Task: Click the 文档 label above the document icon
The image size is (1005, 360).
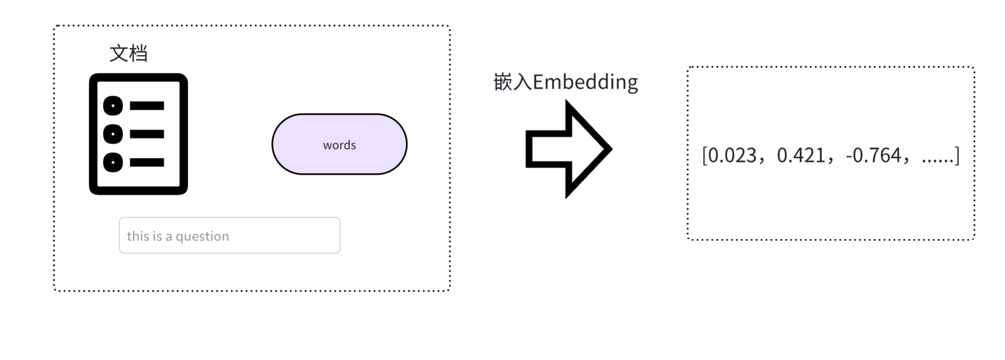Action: tap(128, 53)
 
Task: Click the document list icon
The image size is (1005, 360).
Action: tap(139, 134)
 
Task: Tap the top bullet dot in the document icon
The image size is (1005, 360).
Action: tap(113, 106)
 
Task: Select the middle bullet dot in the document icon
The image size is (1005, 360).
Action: tap(113, 134)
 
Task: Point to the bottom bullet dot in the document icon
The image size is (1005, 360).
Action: tap(113, 163)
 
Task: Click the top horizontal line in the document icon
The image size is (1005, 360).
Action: tap(147, 106)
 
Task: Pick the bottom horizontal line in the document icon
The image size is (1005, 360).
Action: tap(147, 163)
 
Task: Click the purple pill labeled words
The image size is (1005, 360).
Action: tap(339, 144)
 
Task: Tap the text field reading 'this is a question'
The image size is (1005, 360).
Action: tap(230, 235)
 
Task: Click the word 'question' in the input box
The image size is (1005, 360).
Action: tap(202, 236)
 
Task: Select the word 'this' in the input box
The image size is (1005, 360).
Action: tap(138, 236)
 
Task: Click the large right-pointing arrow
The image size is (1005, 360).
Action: tap(567, 149)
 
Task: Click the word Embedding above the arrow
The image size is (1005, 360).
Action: tap(585, 82)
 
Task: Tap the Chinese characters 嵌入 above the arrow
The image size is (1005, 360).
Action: tap(513, 82)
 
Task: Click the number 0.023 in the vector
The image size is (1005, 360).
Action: tap(732, 156)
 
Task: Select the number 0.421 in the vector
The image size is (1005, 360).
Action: tap(801, 156)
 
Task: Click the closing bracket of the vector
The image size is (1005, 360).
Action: tap(957, 156)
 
